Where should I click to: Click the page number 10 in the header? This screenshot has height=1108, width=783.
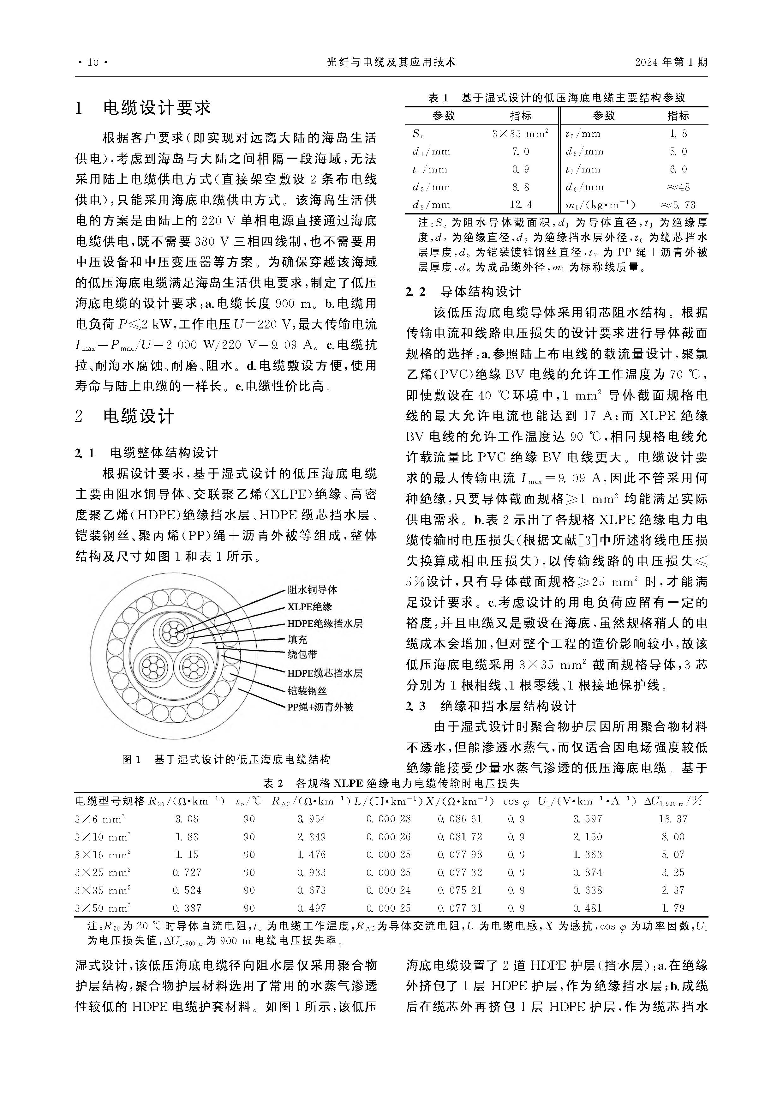tap(92, 62)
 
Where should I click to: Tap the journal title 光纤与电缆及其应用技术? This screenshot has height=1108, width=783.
tap(391, 62)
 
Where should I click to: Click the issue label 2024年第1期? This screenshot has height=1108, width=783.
tap(671, 62)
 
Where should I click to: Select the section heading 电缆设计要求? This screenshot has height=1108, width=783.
tap(157, 108)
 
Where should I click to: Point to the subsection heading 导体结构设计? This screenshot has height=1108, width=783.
tap(481, 292)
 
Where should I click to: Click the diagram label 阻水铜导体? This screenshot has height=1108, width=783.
tap(312, 590)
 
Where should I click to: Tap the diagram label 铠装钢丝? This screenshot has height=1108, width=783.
tap(307, 690)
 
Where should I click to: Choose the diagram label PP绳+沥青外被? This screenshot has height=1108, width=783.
tap(320, 707)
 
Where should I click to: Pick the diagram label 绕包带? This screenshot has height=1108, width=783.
tap(302, 655)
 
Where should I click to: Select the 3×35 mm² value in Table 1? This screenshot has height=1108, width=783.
tap(520, 134)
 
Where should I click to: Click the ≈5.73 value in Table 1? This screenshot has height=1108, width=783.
tap(678, 205)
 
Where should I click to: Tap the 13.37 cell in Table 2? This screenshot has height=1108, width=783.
tap(673, 819)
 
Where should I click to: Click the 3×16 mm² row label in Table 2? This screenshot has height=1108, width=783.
tap(102, 855)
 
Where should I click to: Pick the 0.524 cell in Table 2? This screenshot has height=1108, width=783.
tap(187, 890)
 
